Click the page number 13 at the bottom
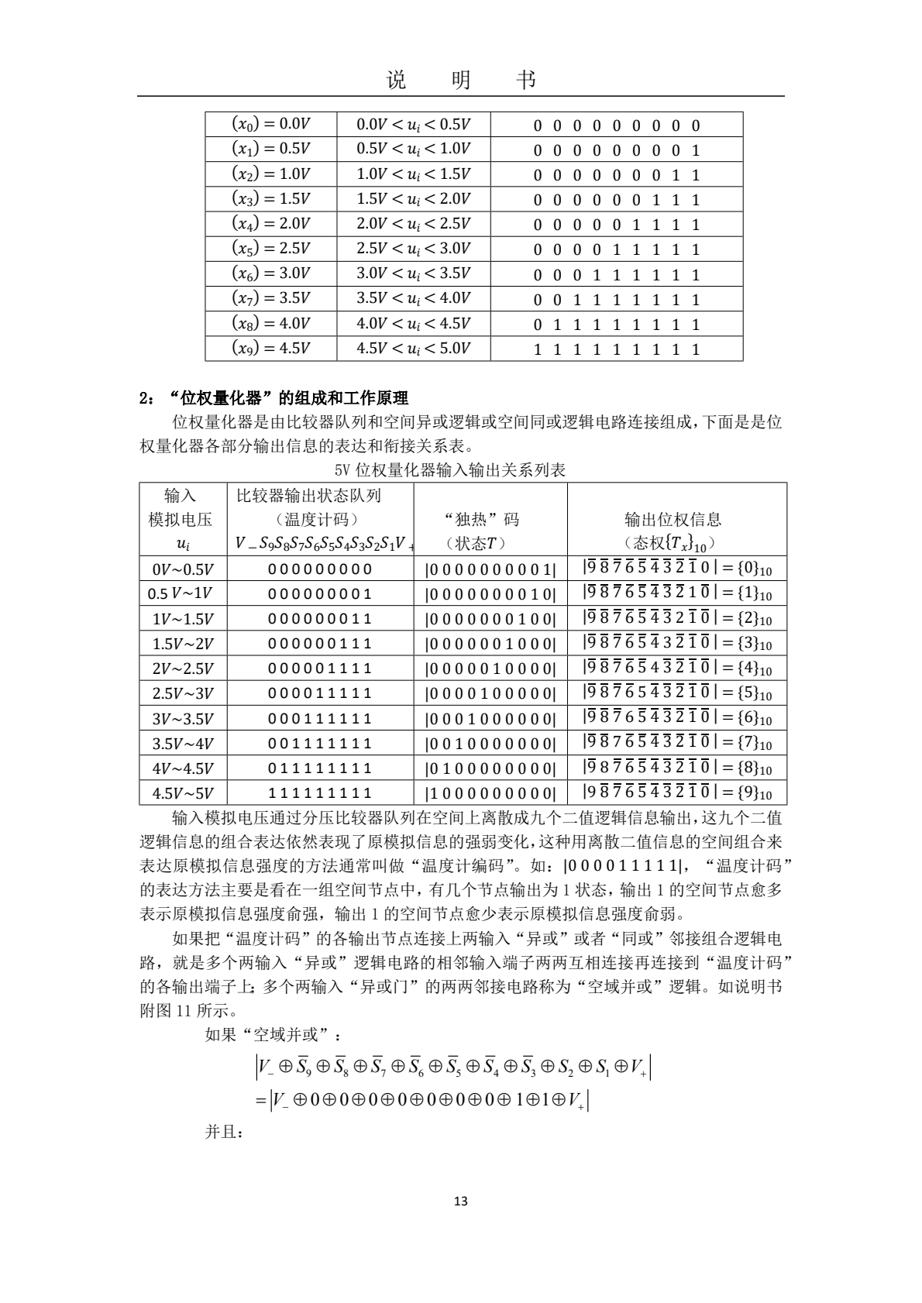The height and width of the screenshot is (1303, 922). coord(460,1202)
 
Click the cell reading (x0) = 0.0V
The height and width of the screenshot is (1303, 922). coord(270,125)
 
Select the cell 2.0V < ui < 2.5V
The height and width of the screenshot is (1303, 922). coord(413,224)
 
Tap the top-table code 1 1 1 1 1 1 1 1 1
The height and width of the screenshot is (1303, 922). coord(617,349)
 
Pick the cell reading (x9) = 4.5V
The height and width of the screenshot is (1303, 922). coord(270,349)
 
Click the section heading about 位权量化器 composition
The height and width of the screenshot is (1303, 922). coord(274,399)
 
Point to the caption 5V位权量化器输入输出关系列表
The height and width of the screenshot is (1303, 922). coord(450,469)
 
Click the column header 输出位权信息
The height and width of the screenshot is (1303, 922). coord(673,519)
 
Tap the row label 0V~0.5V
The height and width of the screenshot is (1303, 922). coord(183,569)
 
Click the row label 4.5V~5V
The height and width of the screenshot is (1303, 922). coord(183,793)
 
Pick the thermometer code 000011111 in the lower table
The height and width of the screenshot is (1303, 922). coord(320,693)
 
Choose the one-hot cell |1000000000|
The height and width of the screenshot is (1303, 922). coord(490,793)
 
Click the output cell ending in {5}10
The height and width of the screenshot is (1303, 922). coord(677,693)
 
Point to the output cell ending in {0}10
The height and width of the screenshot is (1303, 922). coord(677,569)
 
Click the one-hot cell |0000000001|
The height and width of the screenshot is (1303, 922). coord(490,569)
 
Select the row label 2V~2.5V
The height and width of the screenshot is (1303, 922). coord(183,669)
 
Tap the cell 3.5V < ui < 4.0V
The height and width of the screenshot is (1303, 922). coord(413,298)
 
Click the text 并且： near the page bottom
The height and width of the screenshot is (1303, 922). coord(225,1132)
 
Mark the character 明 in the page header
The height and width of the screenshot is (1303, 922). coord(460,80)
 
